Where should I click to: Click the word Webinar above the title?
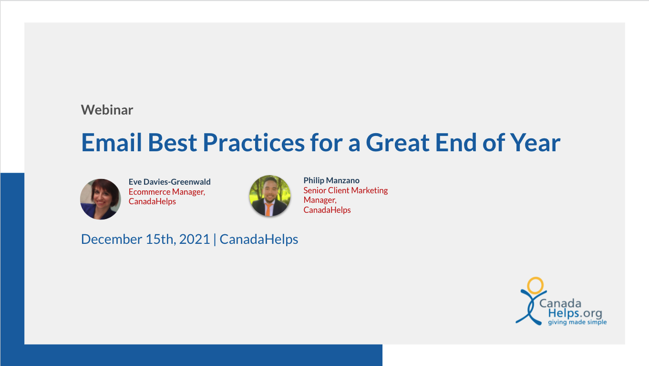point(107,110)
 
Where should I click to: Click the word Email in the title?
point(112,142)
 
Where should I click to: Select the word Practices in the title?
point(254,142)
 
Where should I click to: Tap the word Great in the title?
point(398,142)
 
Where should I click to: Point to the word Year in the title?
point(535,142)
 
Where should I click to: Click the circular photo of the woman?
point(101,199)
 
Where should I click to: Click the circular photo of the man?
point(270,196)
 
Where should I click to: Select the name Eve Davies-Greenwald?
point(169,182)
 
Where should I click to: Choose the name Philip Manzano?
point(331,180)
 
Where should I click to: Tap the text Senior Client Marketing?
point(346,190)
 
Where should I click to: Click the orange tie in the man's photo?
point(268,209)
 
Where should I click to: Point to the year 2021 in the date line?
point(195,239)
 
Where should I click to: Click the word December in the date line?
point(112,239)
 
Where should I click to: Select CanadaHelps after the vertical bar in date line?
point(259,240)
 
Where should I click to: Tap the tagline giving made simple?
point(577,322)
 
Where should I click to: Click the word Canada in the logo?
point(560,303)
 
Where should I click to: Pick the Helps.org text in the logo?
point(575,313)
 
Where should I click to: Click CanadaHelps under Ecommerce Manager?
point(152,201)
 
